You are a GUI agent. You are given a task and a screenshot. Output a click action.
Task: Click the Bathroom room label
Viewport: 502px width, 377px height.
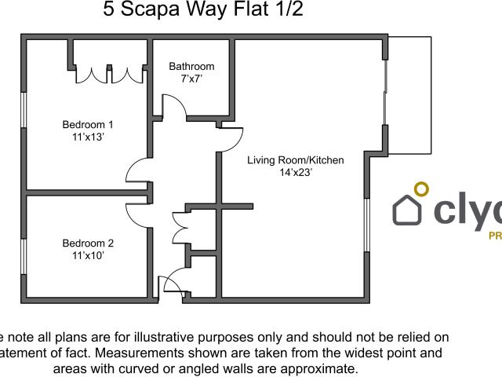coord(191,67)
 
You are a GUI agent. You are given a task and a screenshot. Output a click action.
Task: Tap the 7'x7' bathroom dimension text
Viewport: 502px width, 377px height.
coord(191,79)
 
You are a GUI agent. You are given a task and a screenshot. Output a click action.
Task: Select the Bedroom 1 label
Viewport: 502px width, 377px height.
coord(88,124)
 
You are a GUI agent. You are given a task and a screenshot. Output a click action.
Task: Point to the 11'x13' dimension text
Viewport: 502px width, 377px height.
coord(88,137)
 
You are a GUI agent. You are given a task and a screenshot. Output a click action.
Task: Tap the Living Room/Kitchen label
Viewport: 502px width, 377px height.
coord(296,160)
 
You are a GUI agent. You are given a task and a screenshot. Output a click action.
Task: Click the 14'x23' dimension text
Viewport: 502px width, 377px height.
coord(296,172)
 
